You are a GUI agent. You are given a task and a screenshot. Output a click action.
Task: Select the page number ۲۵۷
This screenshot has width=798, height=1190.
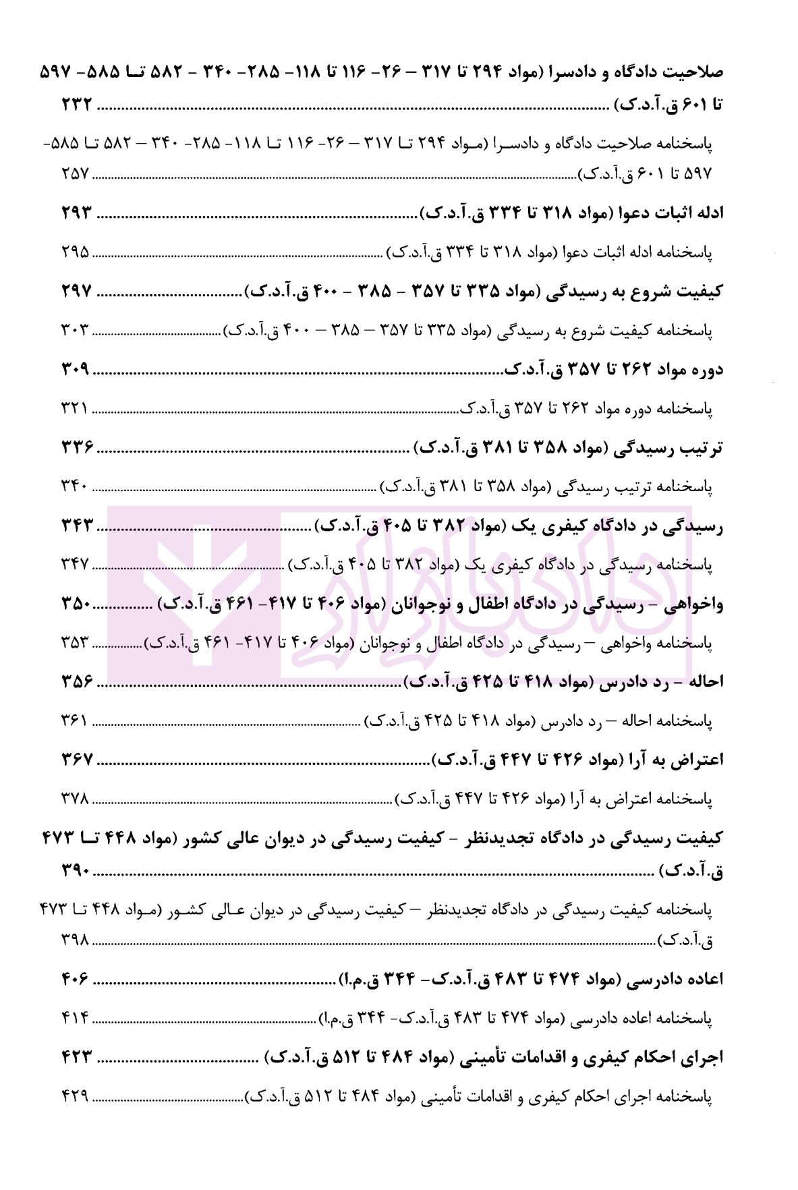75,173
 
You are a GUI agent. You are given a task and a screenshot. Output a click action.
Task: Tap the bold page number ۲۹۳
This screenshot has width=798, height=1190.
76,213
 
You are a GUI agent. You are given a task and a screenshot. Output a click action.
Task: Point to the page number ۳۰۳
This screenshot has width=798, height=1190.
75,331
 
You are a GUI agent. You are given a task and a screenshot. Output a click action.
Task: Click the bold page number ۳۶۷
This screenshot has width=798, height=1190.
76,760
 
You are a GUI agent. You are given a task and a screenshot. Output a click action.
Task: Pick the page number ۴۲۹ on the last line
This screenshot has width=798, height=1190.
75,1095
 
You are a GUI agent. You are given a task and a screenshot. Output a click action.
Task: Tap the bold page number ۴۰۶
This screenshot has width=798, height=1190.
75,979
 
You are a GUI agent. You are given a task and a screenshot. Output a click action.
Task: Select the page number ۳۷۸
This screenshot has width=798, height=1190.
75,799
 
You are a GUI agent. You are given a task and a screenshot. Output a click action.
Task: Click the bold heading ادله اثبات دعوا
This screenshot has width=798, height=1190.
667,213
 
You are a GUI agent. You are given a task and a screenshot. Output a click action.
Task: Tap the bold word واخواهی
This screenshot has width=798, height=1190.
694,604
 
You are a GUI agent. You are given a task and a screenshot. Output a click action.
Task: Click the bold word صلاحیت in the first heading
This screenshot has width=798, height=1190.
695,71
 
